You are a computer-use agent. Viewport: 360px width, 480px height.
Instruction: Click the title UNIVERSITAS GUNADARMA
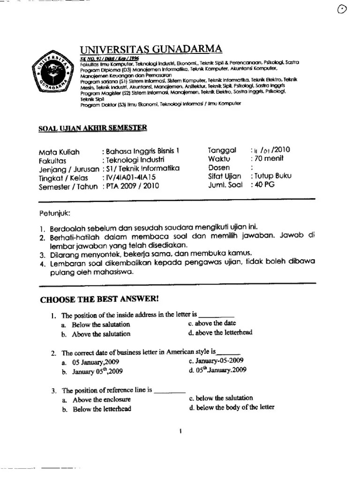[151, 50]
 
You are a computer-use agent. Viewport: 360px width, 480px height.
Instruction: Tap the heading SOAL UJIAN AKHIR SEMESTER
[92, 127]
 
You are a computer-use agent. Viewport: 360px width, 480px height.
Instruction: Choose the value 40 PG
[265, 185]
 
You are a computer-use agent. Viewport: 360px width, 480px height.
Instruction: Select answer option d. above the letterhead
[220, 333]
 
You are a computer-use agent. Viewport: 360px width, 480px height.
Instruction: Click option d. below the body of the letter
[231, 407]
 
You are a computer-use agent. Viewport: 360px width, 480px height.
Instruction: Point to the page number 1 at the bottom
[180, 432]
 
